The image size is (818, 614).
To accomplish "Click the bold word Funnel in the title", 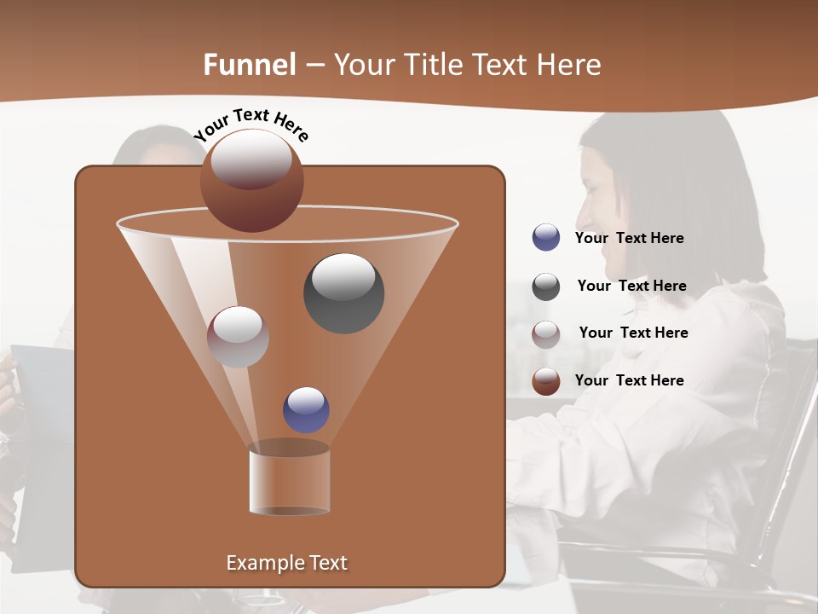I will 249,65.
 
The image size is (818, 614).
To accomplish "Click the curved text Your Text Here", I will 251,124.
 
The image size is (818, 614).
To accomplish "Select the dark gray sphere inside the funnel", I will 344,293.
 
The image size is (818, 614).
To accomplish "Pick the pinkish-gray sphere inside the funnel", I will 238,337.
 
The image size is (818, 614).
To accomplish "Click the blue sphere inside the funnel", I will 306,410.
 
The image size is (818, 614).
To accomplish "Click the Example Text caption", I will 286,563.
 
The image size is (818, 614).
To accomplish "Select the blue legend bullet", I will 546,238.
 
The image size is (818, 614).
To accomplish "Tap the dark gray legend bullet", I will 546,287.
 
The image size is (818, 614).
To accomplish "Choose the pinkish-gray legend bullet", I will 546,333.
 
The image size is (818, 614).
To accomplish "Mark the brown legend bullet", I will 546,381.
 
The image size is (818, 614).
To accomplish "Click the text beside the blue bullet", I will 629,238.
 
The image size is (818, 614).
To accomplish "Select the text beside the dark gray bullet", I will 631,286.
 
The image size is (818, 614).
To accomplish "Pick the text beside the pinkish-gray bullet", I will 633,333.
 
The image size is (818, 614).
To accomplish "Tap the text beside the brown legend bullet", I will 629,380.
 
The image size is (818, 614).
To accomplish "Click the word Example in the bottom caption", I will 260,563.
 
